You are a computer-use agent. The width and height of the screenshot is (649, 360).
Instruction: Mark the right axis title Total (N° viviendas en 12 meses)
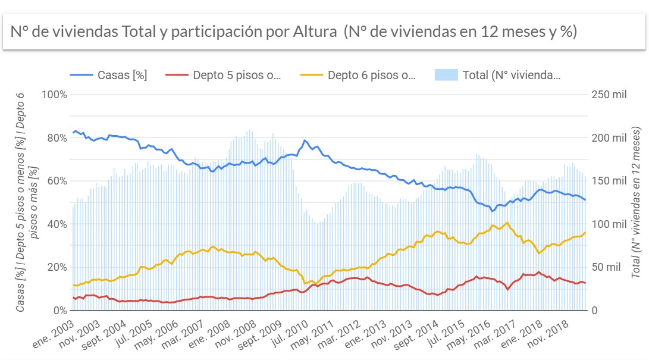(636, 202)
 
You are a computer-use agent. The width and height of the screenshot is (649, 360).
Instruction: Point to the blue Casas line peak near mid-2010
(305, 140)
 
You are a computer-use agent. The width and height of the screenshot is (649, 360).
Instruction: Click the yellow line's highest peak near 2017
(507, 223)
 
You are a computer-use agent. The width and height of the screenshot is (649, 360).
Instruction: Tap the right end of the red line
(585, 283)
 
